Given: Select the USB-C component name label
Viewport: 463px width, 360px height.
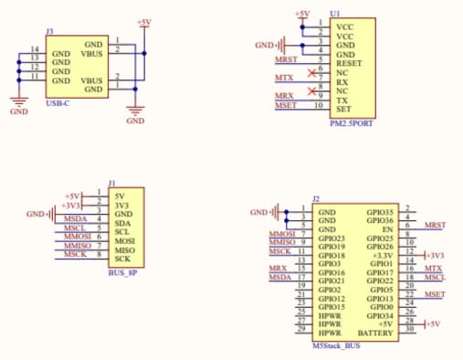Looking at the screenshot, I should coord(58,103).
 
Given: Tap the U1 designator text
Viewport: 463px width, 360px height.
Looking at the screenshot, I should coord(335,15).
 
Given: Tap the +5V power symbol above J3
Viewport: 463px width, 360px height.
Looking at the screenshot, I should coord(142,21).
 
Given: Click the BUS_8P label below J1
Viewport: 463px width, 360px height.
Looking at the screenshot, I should coord(121,273).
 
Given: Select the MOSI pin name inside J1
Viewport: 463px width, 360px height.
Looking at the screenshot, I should coord(124,239).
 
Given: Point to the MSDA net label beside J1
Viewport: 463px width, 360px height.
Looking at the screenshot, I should coord(76,219).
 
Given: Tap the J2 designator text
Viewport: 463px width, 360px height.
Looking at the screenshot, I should coord(316,199).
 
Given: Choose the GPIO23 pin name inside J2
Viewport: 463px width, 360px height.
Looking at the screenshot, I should coord(331,238).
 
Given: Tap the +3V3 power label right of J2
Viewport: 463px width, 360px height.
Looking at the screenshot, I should coord(436,255).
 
